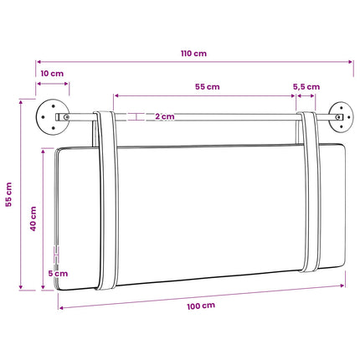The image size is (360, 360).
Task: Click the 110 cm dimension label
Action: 193,54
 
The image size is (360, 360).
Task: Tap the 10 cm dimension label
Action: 52,74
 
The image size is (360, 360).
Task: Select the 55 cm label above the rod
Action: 208,87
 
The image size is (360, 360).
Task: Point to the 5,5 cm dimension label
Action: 306,87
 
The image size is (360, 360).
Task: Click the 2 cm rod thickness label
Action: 165,116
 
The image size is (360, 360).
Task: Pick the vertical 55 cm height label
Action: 9,194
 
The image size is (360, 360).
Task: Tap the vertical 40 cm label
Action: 33,219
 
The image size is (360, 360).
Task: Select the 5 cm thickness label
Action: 58,274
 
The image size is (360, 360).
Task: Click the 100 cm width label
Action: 201,306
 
